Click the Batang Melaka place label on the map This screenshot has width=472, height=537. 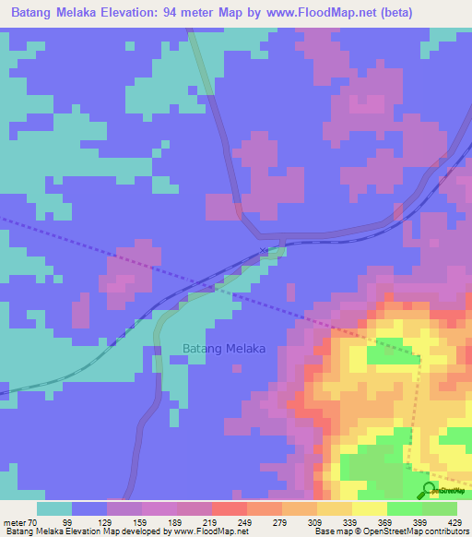[x=218, y=349]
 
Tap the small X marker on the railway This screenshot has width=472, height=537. [x=264, y=250]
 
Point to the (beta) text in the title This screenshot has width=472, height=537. [x=387, y=13]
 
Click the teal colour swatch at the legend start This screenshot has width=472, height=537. [x=54, y=508]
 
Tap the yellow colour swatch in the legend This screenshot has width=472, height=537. [x=369, y=508]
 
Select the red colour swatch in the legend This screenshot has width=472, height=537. [x=229, y=508]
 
